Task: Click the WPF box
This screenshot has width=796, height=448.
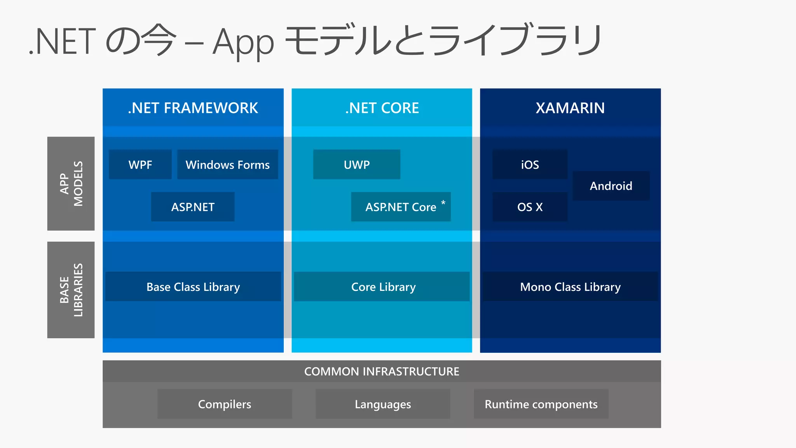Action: click(x=140, y=164)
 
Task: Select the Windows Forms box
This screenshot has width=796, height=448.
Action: click(x=227, y=164)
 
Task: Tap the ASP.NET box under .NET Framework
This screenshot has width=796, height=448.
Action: click(x=193, y=207)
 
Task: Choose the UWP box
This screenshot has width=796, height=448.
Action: click(x=356, y=164)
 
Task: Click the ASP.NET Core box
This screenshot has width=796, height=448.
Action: click(x=400, y=207)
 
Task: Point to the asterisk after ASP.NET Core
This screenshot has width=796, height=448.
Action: click(x=443, y=203)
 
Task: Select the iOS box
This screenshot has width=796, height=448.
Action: click(x=530, y=164)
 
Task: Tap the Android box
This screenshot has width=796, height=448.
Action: click(x=611, y=186)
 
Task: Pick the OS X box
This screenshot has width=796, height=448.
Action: click(x=530, y=207)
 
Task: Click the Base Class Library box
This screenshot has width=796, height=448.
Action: click(x=193, y=287)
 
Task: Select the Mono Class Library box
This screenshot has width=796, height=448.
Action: click(x=570, y=287)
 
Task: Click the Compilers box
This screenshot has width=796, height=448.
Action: click(x=225, y=404)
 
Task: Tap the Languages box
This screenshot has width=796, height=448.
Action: click(x=383, y=404)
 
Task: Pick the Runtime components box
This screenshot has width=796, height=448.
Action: click(x=541, y=404)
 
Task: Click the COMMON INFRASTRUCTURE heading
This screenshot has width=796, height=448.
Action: click(x=382, y=371)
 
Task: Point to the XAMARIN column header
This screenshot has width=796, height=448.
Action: click(x=570, y=108)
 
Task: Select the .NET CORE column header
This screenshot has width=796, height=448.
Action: click(x=382, y=108)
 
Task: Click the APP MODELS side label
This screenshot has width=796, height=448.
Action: click(x=71, y=184)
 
